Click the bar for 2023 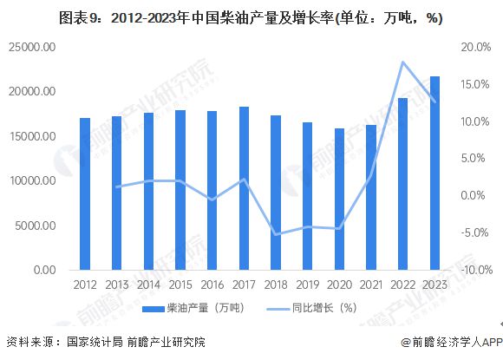tap(434, 173)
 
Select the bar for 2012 tap(84, 194)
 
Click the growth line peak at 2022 tap(402, 62)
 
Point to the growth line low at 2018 tap(276, 234)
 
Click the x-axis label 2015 tap(180, 284)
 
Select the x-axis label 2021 tap(371, 284)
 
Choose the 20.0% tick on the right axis tap(472, 47)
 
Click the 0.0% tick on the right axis tap(474, 195)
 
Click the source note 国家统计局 tap(95, 343)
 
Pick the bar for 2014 tap(148, 192)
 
